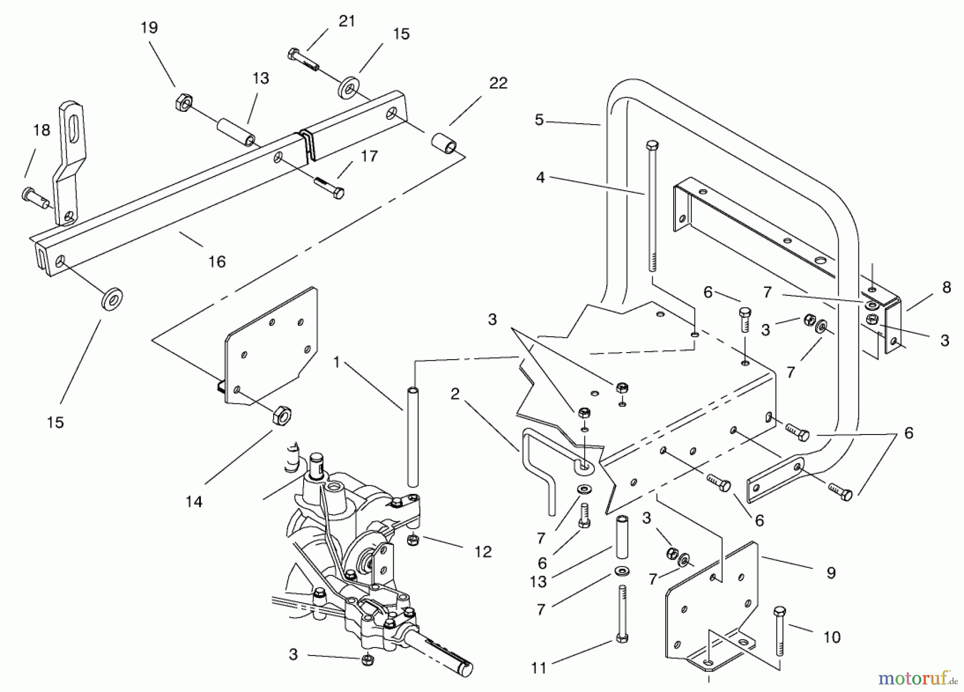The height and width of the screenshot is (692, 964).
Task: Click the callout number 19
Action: [x=149, y=28]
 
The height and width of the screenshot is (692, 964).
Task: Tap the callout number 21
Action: [x=347, y=21]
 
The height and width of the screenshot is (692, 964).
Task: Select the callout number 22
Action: [x=498, y=83]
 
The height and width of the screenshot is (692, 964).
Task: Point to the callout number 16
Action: [x=217, y=262]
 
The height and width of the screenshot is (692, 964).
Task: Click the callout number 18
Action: [x=42, y=130]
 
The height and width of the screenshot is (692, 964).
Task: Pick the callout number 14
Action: [x=194, y=501]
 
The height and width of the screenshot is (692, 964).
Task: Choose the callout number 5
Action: [x=539, y=120]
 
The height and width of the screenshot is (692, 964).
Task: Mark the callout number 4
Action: [x=540, y=177]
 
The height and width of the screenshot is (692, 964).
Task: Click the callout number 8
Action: [x=946, y=287]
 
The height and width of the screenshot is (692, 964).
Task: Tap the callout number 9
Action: [x=831, y=573]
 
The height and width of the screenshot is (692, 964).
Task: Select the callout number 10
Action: [x=832, y=637]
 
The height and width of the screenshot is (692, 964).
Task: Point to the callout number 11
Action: [x=539, y=667]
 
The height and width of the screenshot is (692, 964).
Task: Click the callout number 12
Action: [x=483, y=552]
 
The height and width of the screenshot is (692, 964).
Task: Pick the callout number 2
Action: [x=455, y=394]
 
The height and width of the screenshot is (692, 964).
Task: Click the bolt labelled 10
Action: [x=780, y=632]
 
